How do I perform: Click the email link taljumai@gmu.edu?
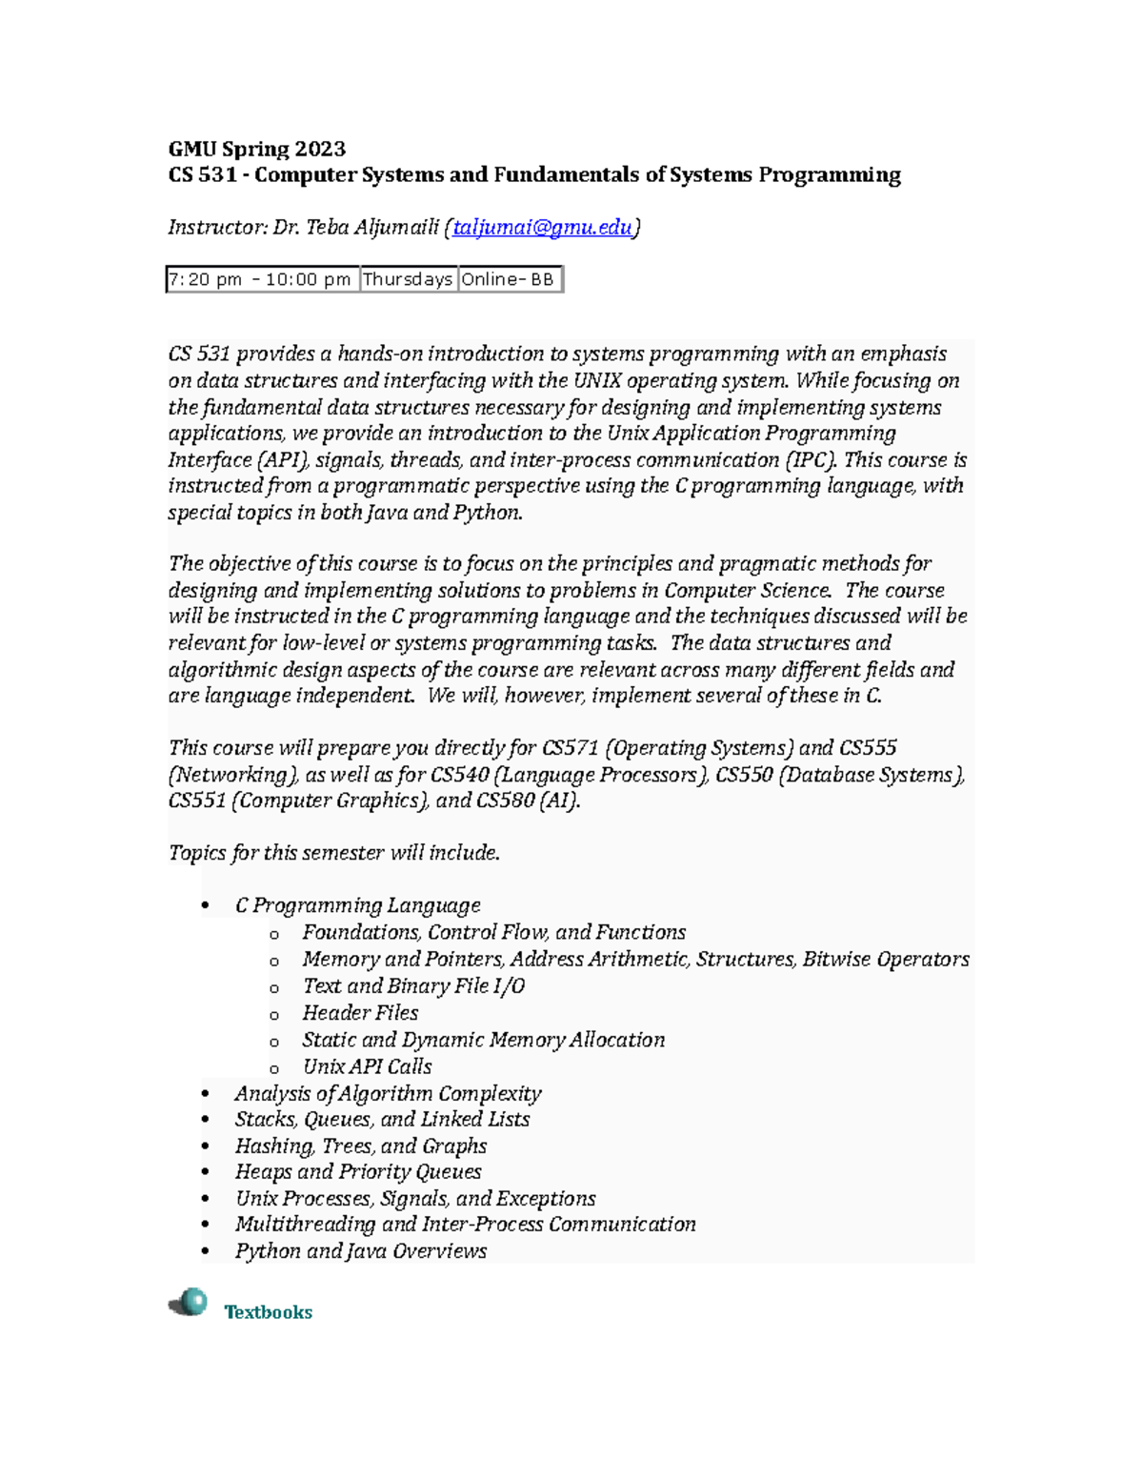pos(542,228)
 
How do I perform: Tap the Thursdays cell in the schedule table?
pos(408,279)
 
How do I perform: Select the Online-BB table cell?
pos(509,279)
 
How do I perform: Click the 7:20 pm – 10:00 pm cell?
pos(262,279)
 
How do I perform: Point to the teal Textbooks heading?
pos(268,1312)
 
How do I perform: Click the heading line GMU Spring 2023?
pos(256,149)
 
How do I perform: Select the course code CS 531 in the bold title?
pos(202,175)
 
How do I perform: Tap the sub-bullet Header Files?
pos(360,1013)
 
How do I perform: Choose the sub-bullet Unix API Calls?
pos(367,1066)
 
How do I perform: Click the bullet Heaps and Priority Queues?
pos(358,1172)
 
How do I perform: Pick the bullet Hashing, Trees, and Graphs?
pos(361,1145)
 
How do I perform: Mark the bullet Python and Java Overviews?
pos(361,1251)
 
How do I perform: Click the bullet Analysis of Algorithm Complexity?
pos(388,1093)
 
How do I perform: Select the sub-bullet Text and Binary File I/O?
pos(413,986)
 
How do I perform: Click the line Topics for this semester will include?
pos(333,853)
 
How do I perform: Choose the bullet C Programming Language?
pos(357,905)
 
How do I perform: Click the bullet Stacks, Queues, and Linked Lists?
pos(382,1120)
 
